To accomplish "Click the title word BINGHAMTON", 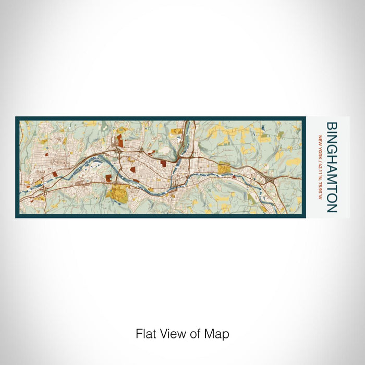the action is pyautogui.click(x=331, y=167).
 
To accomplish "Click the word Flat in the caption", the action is pyautogui.click(x=145, y=334).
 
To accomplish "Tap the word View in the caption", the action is pyautogui.click(x=171, y=334).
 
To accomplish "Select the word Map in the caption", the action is pyautogui.click(x=218, y=334).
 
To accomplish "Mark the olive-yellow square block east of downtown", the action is pyautogui.click(x=224, y=168).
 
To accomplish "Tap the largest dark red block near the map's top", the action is pyautogui.click(x=119, y=139).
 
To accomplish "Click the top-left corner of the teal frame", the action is pyautogui.click(x=17, y=118).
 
